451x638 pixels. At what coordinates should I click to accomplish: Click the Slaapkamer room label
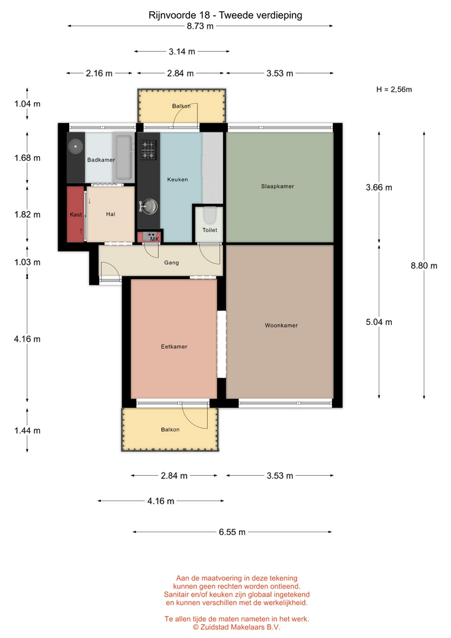pyautogui.click(x=278, y=186)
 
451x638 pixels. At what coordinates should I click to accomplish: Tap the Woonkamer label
pyautogui.click(x=281, y=326)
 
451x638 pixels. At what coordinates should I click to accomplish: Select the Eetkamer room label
pyautogui.click(x=174, y=347)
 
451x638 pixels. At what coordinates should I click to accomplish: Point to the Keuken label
pyautogui.click(x=177, y=179)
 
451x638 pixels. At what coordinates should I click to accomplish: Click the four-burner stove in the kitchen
pyautogui.click(x=148, y=150)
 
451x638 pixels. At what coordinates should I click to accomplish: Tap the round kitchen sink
pyautogui.click(x=149, y=206)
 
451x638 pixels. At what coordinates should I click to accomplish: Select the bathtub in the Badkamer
pyautogui.click(x=124, y=157)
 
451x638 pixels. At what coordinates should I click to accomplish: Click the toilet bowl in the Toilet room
pyautogui.click(x=209, y=215)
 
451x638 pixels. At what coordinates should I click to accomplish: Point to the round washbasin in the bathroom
pyautogui.click(x=75, y=146)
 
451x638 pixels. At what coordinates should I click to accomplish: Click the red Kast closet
pyautogui.click(x=76, y=215)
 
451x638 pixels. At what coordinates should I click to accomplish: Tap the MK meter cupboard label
pyautogui.click(x=155, y=239)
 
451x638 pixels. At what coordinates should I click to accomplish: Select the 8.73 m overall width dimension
pyautogui.click(x=200, y=26)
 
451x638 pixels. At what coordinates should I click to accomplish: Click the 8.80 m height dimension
pyautogui.click(x=424, y=266)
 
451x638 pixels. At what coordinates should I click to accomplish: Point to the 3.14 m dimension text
pyautogui.click(x=182, y=52)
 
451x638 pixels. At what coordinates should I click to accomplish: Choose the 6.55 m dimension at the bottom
pyautogui.click(x=232, y=532)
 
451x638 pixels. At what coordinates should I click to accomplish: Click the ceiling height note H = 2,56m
pyautogui.click(x=394, y=90)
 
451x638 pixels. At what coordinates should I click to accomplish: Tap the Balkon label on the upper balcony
pyautogui.click(x=181, y=106)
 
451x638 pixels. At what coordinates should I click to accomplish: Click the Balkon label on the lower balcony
pyautogui.click(x=170, y=430)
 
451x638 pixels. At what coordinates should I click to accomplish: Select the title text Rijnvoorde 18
pyautogui.click(x=179, y=15)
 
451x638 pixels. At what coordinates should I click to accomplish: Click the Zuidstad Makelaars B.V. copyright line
pyautogui.click(x=236, y=627)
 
